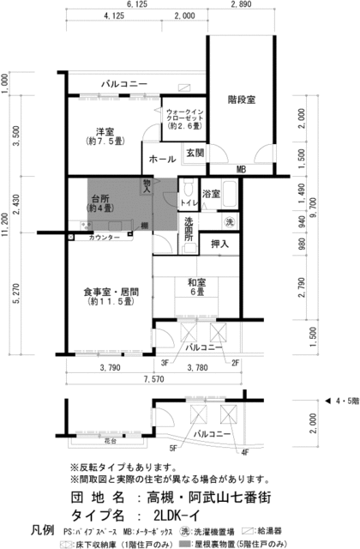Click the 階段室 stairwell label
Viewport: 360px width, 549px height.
point(241,100)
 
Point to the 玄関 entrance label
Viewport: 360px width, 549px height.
point(195,153)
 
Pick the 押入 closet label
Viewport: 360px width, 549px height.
point(219,244)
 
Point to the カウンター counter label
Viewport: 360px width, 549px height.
point(105,238)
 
